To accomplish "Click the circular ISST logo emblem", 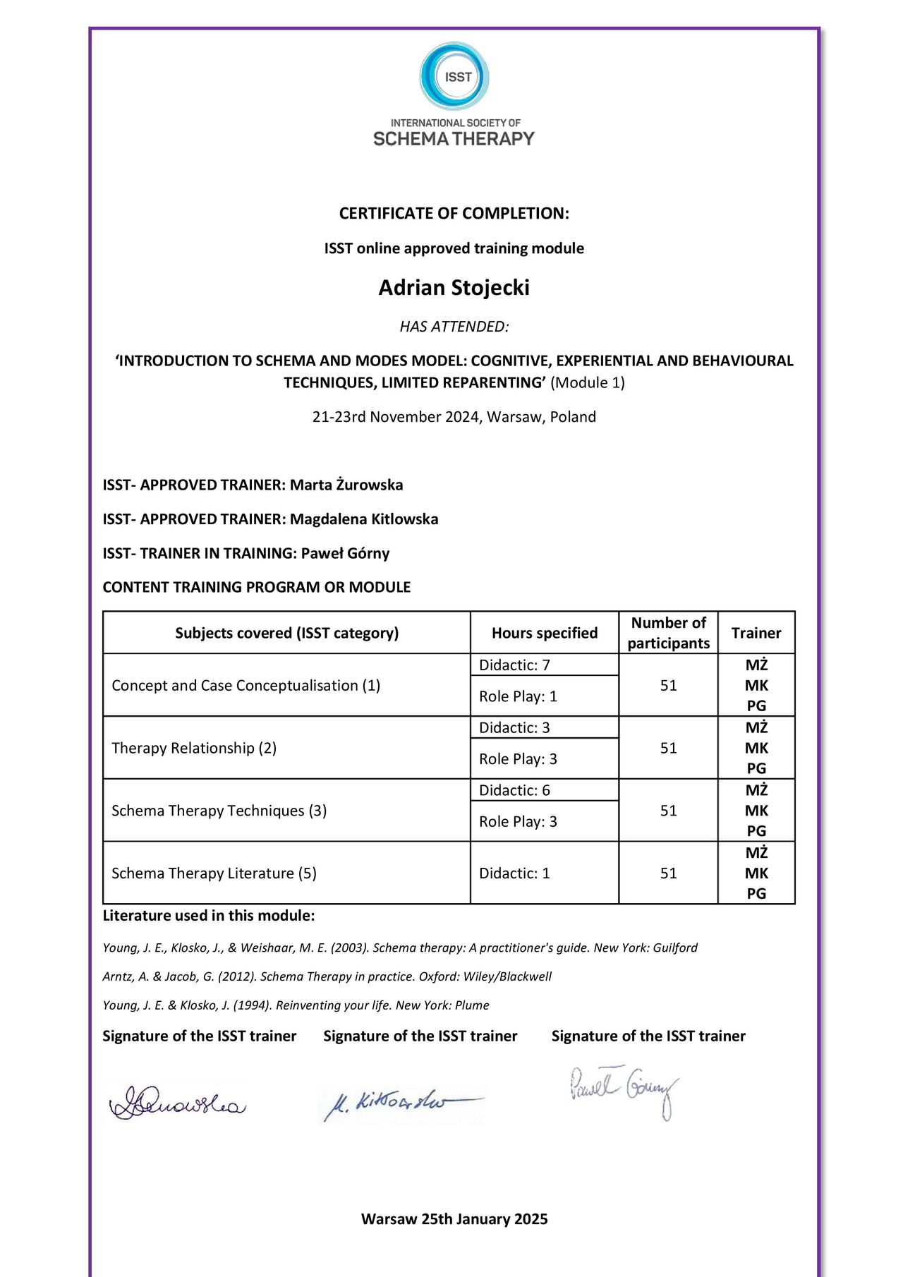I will (x=454, y=76).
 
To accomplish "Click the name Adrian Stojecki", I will (x=454, y=288).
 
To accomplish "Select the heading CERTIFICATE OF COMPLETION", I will (x=454, y=213).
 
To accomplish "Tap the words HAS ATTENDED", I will (x=454, y=327).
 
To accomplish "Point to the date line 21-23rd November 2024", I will (x=454, y=417).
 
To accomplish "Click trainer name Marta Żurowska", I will (x=346, y=485).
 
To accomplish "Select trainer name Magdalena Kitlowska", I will (x=364, y=519).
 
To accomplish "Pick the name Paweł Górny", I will (x=345, y=553).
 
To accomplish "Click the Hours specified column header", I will (x=544, y=633).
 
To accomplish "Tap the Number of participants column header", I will (x=668, y=633).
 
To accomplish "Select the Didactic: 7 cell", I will (x=514, y=665).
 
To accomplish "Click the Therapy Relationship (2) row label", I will (x=194, y=748).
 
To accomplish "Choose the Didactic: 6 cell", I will (x=514, y=790).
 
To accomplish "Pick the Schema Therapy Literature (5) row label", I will (x=214, y=873).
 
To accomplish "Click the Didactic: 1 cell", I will (x=514, y=873).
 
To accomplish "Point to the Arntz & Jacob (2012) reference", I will (x=327, y=976).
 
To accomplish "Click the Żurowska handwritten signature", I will (x=178, y=1103).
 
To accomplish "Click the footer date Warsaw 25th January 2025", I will (x=454, y=1219).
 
